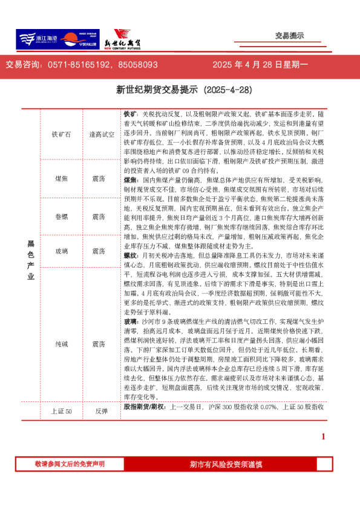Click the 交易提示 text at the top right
(289, 36)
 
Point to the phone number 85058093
(138, 64)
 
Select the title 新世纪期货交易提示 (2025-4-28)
(180, 90)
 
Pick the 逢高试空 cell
(101, 134)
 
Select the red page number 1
(323, 436)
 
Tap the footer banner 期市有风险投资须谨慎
(226, 464)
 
